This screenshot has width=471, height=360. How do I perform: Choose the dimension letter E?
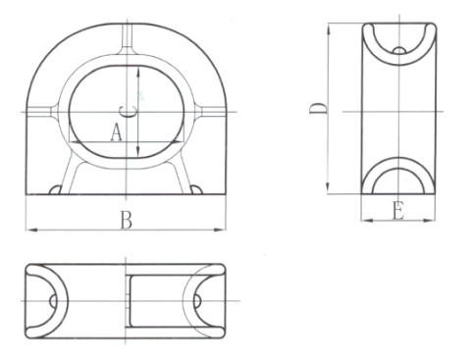click(x=396, y=210)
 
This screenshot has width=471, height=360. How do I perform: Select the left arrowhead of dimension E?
click(x=365, y=220)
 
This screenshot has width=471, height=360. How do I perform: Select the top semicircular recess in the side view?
click(x=396, y=41)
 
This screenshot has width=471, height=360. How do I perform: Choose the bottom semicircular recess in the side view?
click(x=396, y=180)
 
